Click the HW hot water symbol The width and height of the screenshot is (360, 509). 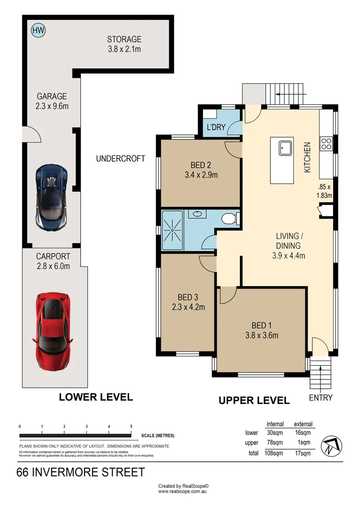(38, 31)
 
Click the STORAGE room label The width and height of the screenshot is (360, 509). (124, 39)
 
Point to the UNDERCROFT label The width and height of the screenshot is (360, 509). (121, 159)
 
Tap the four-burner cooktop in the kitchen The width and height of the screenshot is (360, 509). (326, 143)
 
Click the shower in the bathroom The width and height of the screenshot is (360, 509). (172, 230)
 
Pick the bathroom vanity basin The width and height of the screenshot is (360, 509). (197, 214)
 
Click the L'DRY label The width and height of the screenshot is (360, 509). (216, 127)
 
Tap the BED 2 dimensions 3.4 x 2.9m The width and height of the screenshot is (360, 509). (201, 175)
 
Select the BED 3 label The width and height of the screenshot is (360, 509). (188, 297)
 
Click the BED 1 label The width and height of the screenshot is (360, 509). (262, 325)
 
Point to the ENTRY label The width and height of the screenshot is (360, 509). (321, 398)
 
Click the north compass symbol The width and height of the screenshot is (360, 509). (332, 446)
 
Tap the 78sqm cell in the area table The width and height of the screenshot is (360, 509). (275, 443)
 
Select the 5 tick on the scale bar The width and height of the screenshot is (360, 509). (131, 427)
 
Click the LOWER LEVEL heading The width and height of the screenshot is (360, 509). (96, 397)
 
